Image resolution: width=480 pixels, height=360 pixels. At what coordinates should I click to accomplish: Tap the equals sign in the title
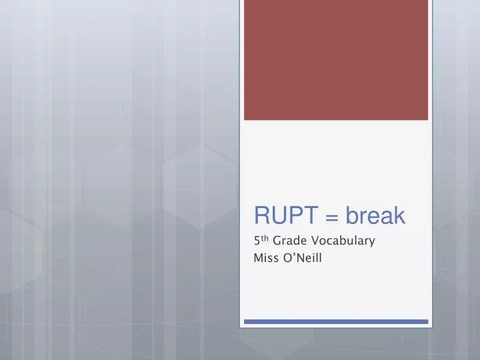[x=334, y=217]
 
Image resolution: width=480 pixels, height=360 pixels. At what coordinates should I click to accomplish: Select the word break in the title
[x=375, y=215]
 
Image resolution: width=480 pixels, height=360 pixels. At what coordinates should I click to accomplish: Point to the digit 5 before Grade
[x=258, y=241]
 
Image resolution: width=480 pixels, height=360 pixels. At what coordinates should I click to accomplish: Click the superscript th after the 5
[x=265, y=238]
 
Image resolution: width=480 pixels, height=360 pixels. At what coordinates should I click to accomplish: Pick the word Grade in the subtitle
[x=290, y=241]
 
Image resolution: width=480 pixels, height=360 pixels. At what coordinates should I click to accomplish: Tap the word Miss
[x=267, y=258]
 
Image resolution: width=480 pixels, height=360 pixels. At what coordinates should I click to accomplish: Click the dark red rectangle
[x=336, y=60]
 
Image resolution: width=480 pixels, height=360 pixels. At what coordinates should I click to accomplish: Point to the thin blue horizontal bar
[x=336, y=321]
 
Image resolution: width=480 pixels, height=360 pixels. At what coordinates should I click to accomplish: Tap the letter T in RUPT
[x=316, y=215]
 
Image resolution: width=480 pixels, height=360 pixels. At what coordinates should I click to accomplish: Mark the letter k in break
[x=399, y=215]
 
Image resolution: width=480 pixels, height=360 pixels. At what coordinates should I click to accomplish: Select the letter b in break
[x=351, y=215]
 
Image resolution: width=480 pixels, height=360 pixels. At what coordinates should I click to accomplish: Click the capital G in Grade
[x=277, y=241]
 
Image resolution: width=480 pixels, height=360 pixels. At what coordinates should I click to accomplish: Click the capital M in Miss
[x=259, y=258]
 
